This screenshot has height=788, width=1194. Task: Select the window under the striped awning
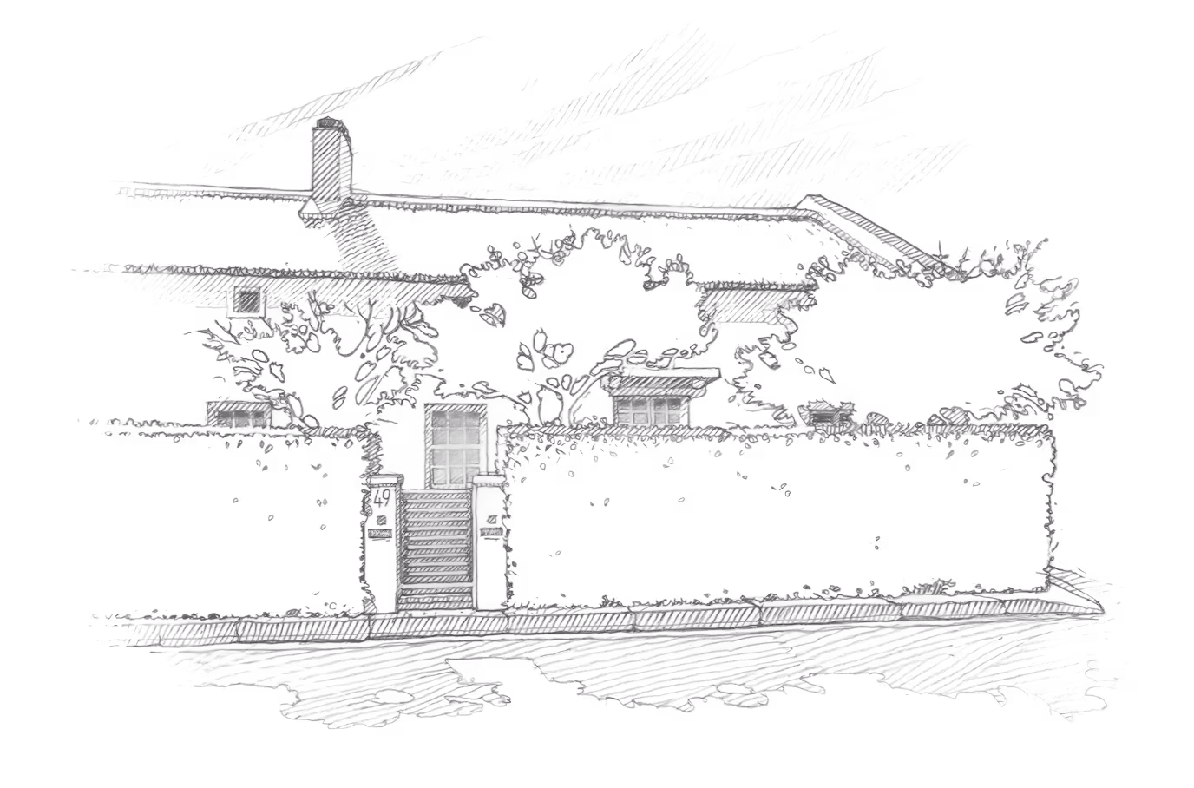(x=649, y=406)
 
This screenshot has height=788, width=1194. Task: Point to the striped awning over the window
(x=661, y=379)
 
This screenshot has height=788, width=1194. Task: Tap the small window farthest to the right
(x=827, y=415)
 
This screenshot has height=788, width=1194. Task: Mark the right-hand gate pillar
(x=488, y=538)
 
